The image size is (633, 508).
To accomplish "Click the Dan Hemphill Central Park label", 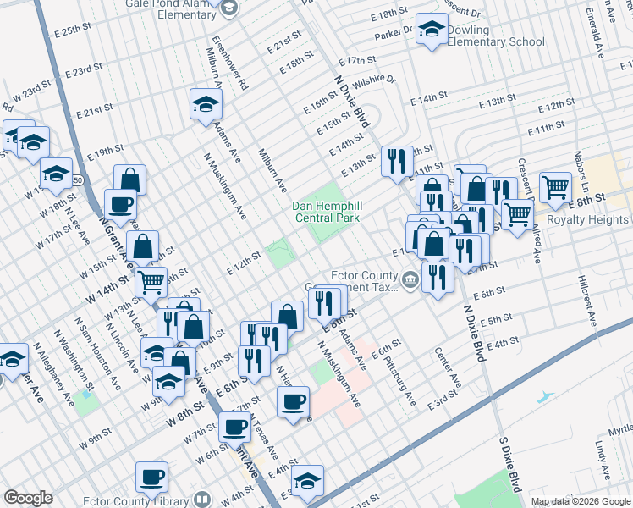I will (x=326, y=212).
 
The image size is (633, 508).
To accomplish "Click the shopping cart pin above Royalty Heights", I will (x=555, y=187).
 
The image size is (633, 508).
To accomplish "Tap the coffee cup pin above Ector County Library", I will (x=151, y=477).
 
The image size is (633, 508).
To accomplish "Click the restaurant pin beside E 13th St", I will (x=397, y=160).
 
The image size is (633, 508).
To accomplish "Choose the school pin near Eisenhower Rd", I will (x=205, y=104).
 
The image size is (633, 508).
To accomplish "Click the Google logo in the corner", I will (x=28, y=498).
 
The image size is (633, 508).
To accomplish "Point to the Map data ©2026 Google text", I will (x=581, y=501).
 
